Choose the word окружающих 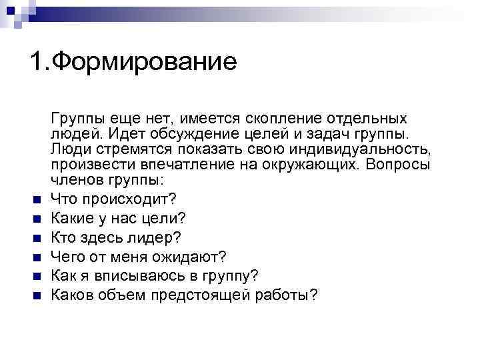pyautogui.click(x=320, y=165)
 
